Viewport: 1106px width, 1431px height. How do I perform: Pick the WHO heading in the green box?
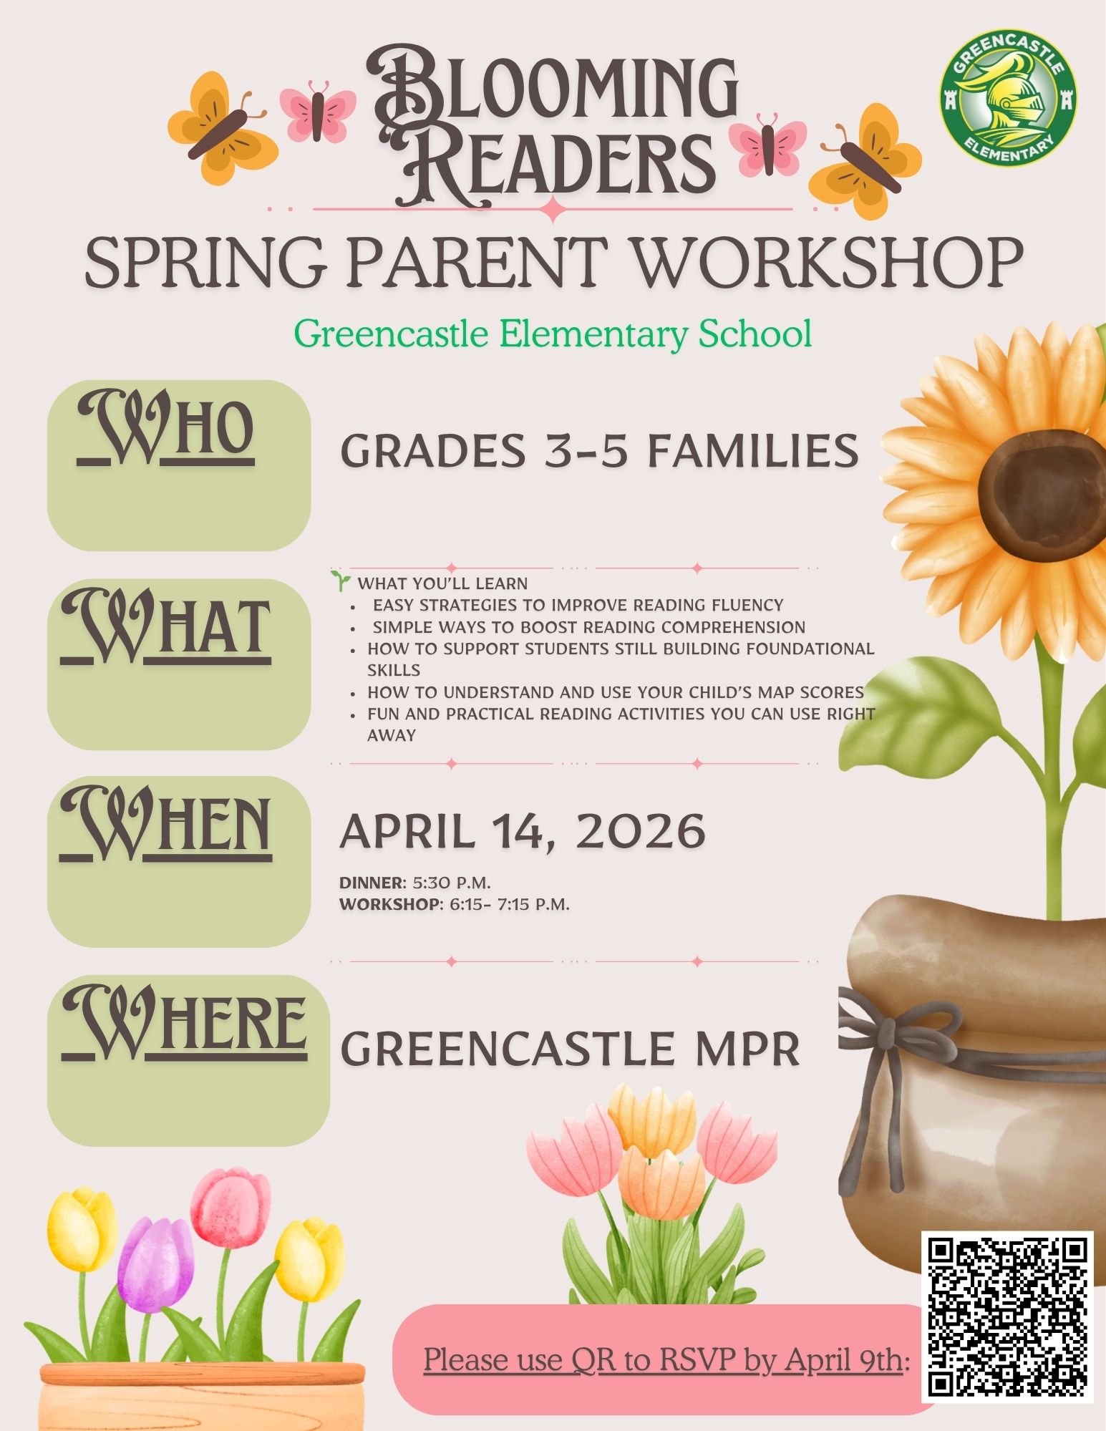(x=166, y=430)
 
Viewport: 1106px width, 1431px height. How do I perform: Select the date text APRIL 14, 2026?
(x=523, y=831)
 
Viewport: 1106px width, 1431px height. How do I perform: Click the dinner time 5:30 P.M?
(x=452, y=882)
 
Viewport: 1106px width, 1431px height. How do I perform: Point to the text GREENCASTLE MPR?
(x=569, y=1049)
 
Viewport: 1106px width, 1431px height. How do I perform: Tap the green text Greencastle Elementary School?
(x=553, y=334)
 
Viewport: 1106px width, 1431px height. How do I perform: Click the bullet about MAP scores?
(x=615, y=692)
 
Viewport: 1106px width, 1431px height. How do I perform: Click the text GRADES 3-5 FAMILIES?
(x=599, y=452)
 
